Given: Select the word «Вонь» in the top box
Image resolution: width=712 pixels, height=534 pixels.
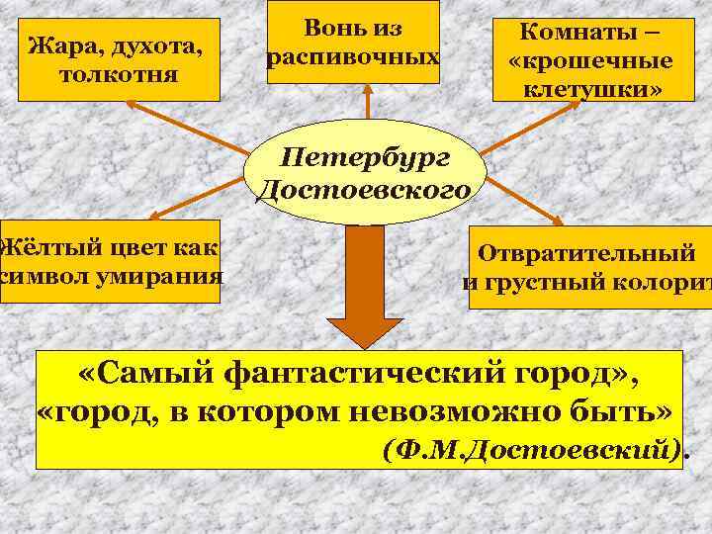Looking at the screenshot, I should coord(322,29).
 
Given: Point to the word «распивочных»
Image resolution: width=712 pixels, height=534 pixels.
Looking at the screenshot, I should coord(353,56).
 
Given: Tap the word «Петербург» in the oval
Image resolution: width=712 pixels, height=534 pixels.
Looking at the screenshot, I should coord(366,156).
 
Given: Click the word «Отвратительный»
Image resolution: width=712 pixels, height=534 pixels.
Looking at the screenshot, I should coord(587,252).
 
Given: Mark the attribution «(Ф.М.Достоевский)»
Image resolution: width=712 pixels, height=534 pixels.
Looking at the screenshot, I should coord(534,450).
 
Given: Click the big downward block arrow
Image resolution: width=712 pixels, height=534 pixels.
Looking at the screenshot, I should coord(365,287).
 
